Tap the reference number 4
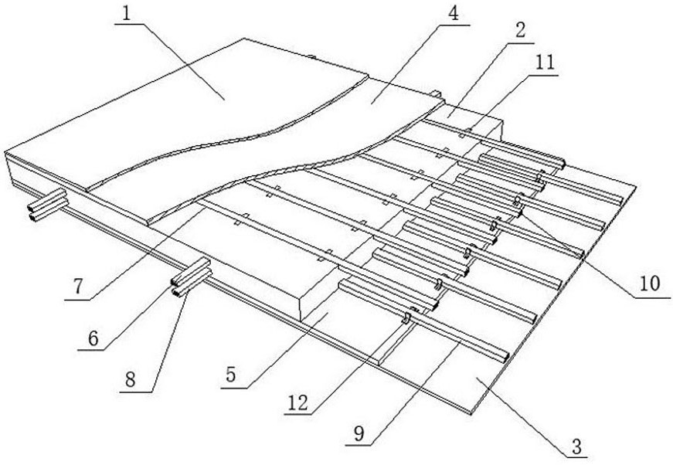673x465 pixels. click(453, 13)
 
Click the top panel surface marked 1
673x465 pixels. click(193, 100)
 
